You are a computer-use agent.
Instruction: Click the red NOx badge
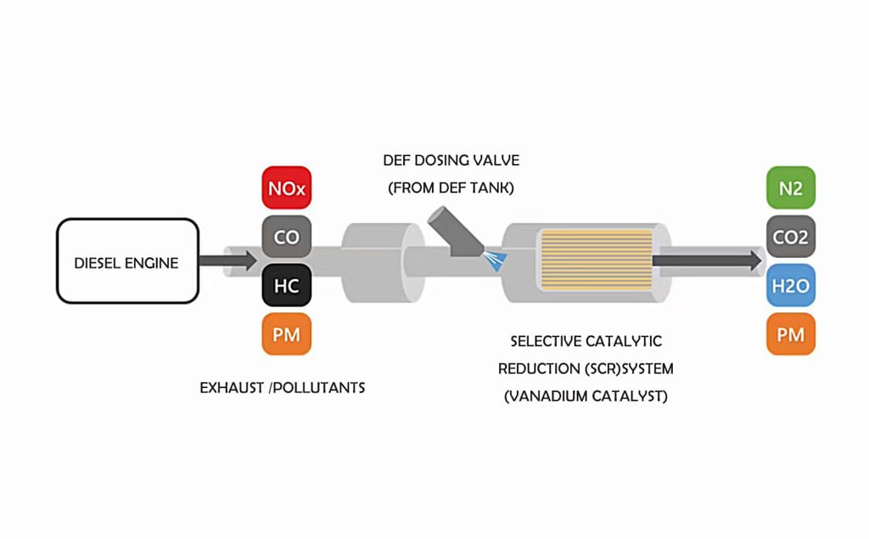click(x=287, y=188)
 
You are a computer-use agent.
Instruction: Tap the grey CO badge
click(x=287, y=237)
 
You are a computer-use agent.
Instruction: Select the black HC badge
click(x=287, y=285)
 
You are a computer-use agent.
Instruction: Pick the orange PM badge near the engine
click(x=287, y=334)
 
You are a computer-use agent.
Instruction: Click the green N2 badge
click(x=791, y=188)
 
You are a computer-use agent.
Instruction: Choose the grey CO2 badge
click(x=791, y=237)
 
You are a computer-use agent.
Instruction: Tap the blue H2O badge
click(x=791, y=285)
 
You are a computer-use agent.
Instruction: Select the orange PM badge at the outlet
click(x=791, y=334)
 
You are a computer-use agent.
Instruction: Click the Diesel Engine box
click(x=127, y=261)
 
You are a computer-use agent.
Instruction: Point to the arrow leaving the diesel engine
click(x=227, y=261)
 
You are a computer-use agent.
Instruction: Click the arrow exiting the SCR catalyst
click(x=707, y=261)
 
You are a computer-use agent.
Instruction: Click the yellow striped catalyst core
click(x=597, y=260)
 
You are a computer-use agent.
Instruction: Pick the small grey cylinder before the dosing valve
click(x=383, y=262)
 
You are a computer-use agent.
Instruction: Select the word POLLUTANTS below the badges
click(x=319, y=388)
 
